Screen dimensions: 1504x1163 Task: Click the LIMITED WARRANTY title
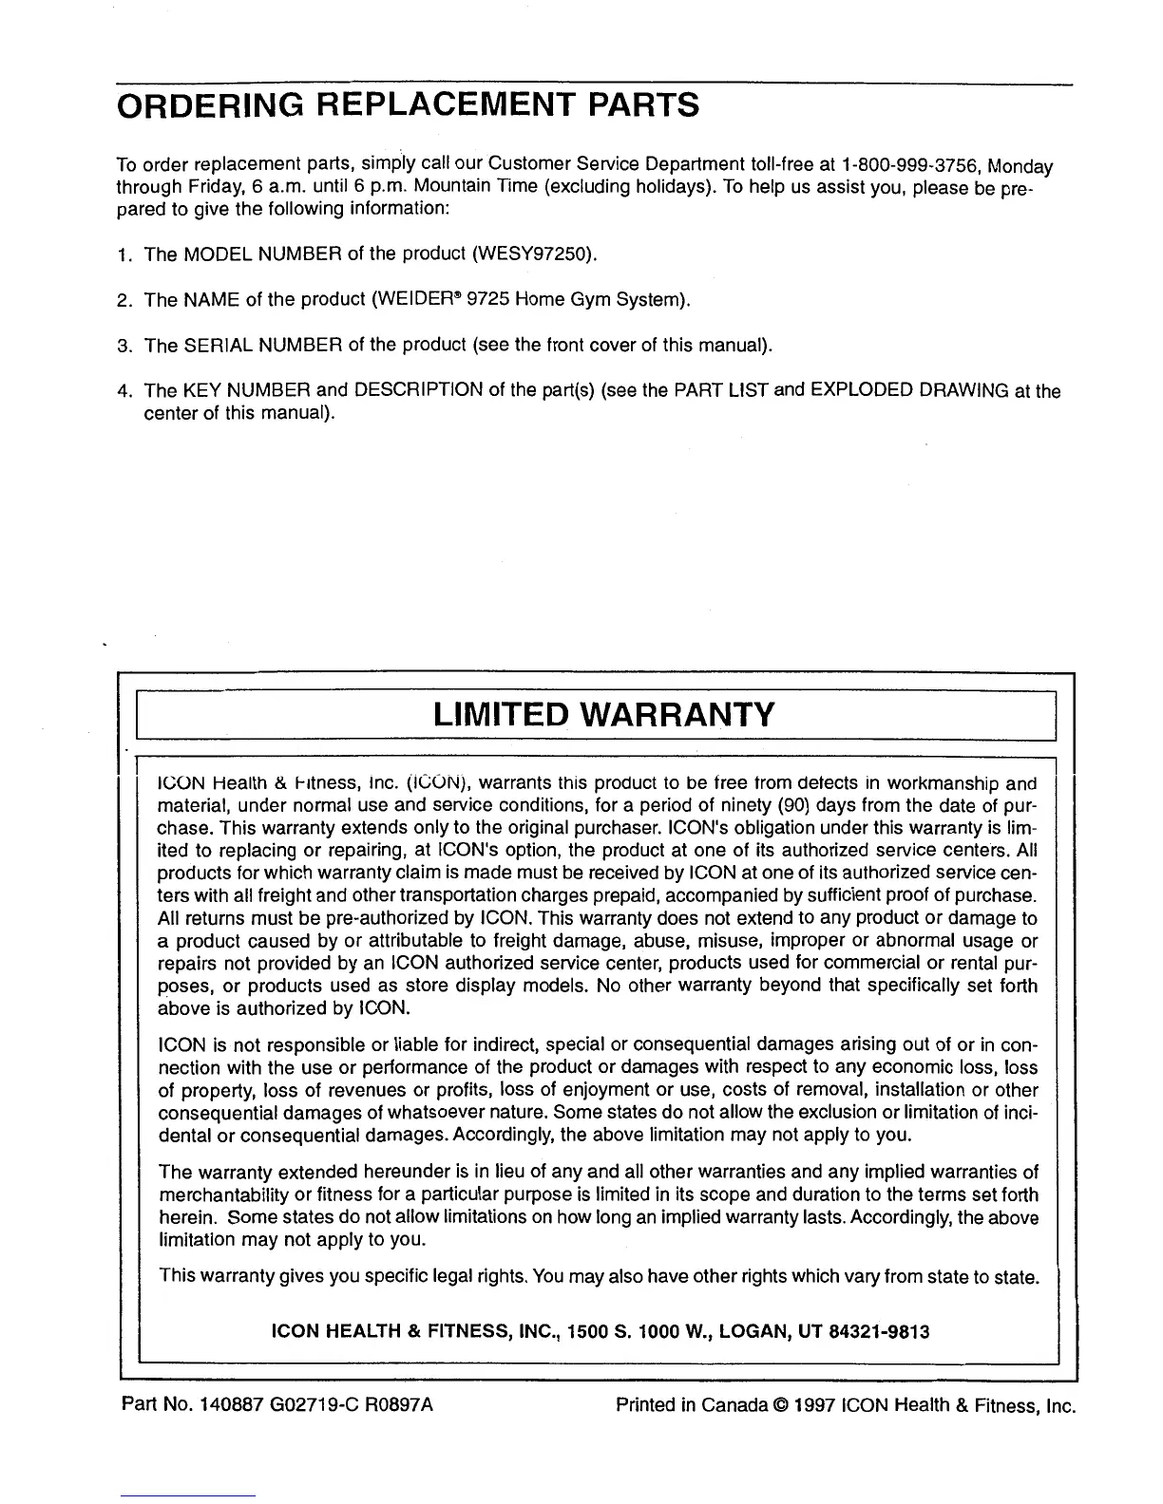pos(603,714)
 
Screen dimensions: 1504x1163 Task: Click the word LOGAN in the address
pos(751,1332)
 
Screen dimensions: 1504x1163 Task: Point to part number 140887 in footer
pos(225,1404)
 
